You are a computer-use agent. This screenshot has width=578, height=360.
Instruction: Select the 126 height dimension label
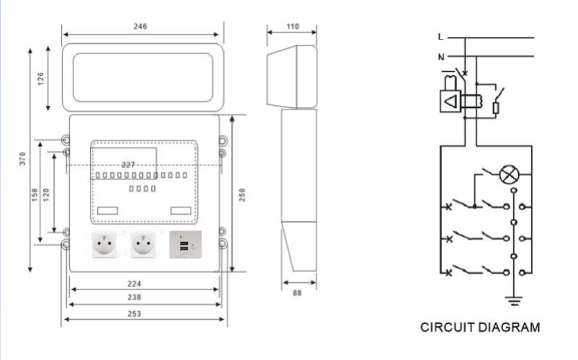(41, 77)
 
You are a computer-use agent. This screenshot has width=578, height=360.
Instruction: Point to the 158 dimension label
(35, 195)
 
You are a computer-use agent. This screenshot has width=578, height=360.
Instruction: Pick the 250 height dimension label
(243, 194)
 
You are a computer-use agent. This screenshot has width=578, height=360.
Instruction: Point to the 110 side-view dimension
(292, 27)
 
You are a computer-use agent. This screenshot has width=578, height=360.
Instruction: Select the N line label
(441, 56)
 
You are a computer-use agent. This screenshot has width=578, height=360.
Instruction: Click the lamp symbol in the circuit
(510, 174)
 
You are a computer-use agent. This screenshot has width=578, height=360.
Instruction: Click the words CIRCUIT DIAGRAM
(480, 328)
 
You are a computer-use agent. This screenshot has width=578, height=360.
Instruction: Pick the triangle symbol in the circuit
(451, 102)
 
